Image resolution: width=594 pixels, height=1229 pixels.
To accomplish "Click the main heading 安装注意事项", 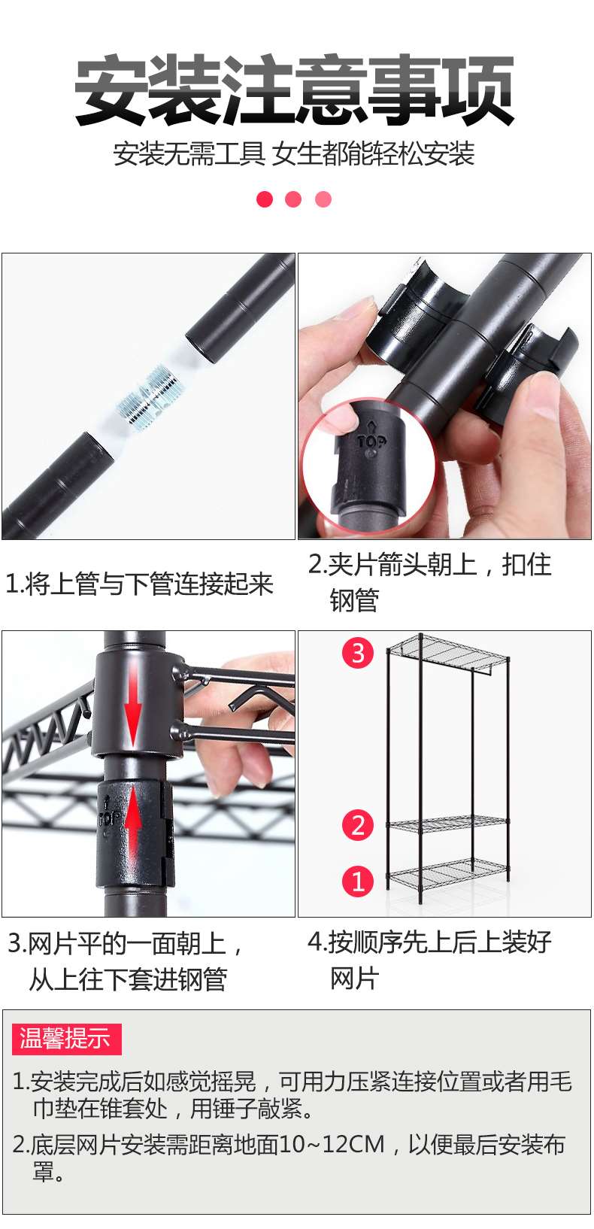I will (x=295, y=90).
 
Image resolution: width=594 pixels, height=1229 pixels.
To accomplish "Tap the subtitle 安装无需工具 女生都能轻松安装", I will (x=294, y=154).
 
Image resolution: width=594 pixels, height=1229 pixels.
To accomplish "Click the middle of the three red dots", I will (x=293, y=199).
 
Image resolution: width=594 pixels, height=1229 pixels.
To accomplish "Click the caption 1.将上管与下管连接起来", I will (x=139, y=584).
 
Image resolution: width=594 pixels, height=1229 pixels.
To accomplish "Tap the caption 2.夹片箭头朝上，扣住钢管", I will (x=429, y=581).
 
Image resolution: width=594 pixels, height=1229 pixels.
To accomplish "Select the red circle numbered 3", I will (x=358, y=652).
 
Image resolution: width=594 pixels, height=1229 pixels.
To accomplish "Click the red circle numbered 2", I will (x=358, y=825).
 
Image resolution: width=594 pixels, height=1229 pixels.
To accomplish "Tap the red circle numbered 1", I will (x=358, y=881).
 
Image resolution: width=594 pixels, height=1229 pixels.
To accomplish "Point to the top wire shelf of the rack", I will (x=448, y=651).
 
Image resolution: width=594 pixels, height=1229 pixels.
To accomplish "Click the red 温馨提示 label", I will (x=66, y=1039).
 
